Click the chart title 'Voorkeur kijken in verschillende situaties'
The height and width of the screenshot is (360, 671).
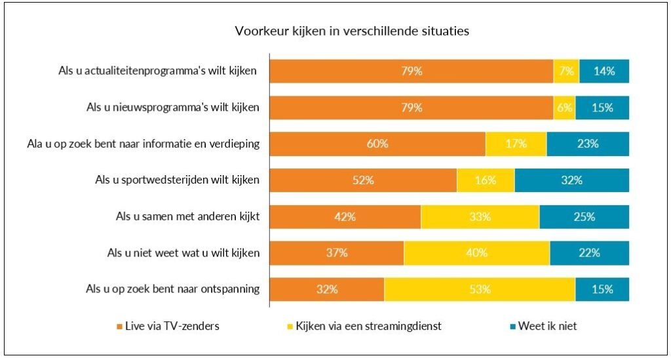tap(352, 31)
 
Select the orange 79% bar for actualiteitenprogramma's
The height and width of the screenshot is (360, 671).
tap(412, 71)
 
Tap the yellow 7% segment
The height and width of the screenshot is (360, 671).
tap(566, 71)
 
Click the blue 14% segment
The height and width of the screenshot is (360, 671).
tap(604, 71)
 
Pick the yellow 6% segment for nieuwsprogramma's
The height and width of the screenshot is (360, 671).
tap(564, 108)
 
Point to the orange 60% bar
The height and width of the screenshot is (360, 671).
tap(377, 144)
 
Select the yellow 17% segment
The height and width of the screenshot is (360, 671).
tap(516, 144)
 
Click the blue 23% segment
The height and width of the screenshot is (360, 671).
tap(588, 144)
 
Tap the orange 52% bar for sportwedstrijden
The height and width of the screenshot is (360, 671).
tap(363, 180)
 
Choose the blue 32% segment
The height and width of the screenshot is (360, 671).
tap(571, 180)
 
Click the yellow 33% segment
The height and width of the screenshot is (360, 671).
tap(480, 217)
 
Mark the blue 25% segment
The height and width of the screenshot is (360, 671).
tap(584, 217)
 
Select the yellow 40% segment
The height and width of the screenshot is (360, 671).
tap(476, 253)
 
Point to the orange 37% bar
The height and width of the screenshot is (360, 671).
tap(337, 253)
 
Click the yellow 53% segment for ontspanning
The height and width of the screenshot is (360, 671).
tap(480, 289)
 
